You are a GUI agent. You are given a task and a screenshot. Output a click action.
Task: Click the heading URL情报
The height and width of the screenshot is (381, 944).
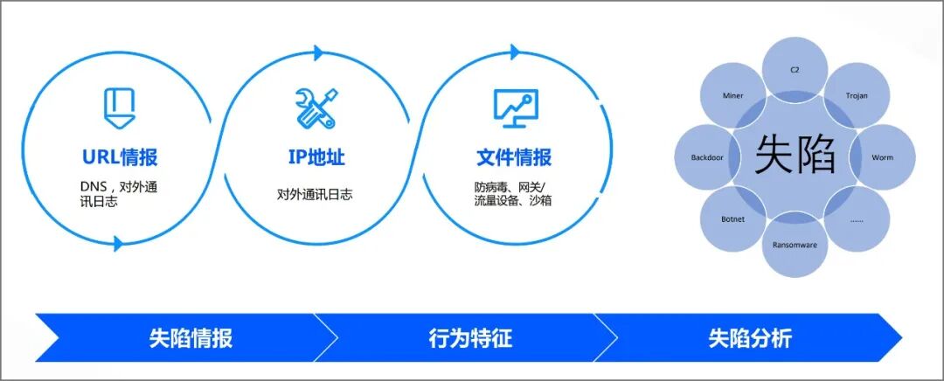[120, 157]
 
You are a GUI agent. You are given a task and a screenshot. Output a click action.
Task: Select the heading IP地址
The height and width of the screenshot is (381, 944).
[316, 157]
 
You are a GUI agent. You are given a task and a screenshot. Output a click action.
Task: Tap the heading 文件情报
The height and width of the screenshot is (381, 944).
[514, 157]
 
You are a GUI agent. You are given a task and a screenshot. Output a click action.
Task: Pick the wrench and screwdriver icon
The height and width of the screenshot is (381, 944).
[316, 107]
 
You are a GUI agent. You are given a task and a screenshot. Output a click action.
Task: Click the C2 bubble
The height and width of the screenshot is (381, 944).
[795, 68]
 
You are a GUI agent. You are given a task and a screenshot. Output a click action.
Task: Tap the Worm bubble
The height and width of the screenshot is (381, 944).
[881, 158]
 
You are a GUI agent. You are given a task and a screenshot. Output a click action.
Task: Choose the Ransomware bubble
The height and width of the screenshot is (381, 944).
[795, 245]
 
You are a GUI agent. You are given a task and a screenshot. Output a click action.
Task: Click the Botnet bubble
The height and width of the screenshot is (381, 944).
[733, 219]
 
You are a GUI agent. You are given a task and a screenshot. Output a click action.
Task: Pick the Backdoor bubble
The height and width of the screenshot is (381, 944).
[709, 158]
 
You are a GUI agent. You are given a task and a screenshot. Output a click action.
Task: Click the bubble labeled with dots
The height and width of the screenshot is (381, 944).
[856, 219]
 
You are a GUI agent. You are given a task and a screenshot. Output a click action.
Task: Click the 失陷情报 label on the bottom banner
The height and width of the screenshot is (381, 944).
[191, 338]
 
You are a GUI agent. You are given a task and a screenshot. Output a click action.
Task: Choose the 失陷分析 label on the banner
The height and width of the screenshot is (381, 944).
[750, 338]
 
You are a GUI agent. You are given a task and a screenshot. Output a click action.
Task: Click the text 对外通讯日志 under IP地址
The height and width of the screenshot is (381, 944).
[316, 194]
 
